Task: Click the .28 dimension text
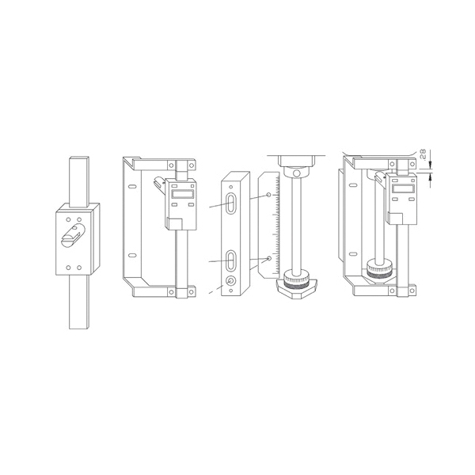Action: (424, 154)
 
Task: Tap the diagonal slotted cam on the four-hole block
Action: (74, 235)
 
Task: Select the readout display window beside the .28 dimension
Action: (403, 188)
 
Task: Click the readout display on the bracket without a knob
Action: (182, 194)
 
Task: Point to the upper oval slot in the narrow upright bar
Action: (231, 203)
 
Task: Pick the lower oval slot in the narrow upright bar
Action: (231, 260)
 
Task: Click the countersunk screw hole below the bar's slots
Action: (231, 281)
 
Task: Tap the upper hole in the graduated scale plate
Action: (268, 195)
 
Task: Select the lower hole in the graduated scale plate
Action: (269, 258)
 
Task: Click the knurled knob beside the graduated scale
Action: (297, 278)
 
